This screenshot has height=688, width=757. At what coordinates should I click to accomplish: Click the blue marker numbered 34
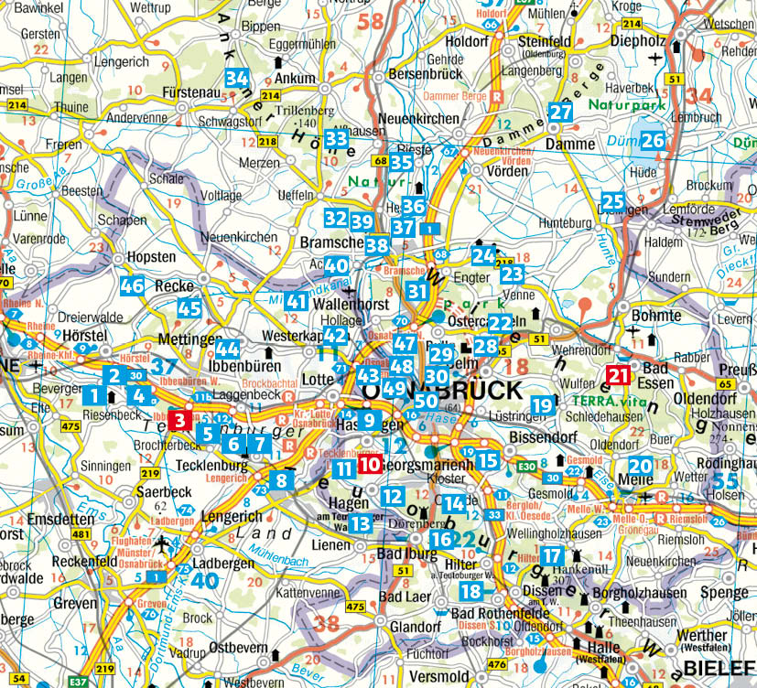pyautogui.click(x=238, y=79)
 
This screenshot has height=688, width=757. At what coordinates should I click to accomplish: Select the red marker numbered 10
pyautogui.click(x=369, y=464)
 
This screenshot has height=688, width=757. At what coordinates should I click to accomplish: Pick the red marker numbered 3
pyautogui.click(x=179, y=420)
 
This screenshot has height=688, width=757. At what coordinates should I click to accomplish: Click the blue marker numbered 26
pyautogui.click(x=652, y=141)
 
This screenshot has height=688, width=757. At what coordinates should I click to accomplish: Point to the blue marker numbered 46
pyautogui.click(x=133, y=285)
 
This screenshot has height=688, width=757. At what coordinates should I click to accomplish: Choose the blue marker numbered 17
pyautogui.click(x=551, y=554)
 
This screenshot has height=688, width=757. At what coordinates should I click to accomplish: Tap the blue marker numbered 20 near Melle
pyautogui.click(x=641, y=466)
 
